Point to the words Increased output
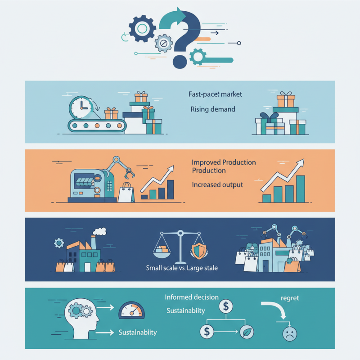tap(217, 184)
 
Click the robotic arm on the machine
tap(120, 167)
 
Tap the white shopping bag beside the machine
tap(126, 193)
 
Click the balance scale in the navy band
tap(180, 247)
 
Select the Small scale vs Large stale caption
tap(182, 268)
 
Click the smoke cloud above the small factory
tap(100, 232)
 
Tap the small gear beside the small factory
tap(59, 243)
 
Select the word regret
tap(289, 298)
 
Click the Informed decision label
tap(192, 297)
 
